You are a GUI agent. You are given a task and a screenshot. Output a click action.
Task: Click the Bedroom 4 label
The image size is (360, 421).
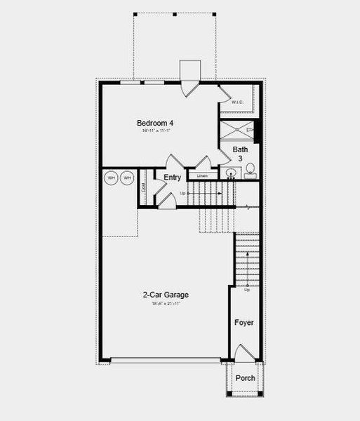155,123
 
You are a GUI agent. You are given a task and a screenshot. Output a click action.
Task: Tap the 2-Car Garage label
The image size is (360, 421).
166,295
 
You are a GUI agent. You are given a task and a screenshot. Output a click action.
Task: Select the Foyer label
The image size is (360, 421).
245,323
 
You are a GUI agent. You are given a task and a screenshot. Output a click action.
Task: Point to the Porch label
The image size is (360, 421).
245,378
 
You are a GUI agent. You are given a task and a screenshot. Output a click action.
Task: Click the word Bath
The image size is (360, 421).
241,149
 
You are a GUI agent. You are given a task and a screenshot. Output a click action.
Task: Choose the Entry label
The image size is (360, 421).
172,178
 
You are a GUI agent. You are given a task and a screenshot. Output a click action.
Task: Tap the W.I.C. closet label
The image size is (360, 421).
238,103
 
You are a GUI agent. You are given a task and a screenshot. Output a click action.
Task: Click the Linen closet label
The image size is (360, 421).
202,175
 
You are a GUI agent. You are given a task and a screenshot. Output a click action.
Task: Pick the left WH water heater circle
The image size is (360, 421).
112,178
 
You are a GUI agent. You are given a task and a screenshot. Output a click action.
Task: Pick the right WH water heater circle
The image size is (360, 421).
127,178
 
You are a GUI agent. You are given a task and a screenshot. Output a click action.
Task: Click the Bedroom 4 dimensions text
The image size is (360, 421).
155,131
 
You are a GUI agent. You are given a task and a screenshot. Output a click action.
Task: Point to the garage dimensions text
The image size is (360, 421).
166,304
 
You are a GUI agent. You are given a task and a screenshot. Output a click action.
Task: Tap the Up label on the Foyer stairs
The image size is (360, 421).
247,290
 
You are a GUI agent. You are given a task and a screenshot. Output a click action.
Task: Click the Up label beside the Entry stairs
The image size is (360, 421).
183,193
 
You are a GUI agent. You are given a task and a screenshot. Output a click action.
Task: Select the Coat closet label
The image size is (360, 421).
144,187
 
